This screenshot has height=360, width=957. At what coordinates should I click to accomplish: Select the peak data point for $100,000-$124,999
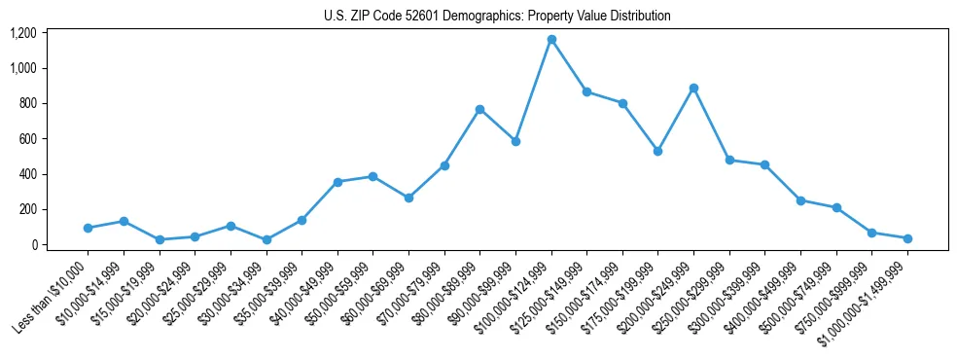[551, 40]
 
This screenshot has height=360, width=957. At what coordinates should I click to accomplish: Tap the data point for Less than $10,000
[88, 228]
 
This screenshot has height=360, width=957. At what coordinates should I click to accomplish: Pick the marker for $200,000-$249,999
[693, 88]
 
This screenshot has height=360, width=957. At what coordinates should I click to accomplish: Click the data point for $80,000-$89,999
[479, 109]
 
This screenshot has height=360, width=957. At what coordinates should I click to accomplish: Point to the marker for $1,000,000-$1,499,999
[907, 238]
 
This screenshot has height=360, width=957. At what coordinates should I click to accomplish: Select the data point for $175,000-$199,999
[658, 151]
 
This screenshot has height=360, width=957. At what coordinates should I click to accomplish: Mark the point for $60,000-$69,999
[408, 198]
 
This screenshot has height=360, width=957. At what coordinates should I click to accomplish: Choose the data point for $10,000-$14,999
[124, 221]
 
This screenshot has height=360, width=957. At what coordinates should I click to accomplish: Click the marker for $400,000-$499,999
[800, 200]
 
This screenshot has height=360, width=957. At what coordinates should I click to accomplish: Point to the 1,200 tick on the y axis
[23, 33]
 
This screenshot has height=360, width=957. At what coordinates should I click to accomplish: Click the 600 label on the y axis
[27, 139]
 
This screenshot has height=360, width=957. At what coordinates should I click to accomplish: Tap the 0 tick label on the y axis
[33, 245]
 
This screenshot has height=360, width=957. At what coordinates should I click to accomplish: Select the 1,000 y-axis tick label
[23, 68]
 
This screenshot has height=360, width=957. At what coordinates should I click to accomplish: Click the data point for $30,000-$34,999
[266, 239]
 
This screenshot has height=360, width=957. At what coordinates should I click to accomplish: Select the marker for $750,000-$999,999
[871, 233]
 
